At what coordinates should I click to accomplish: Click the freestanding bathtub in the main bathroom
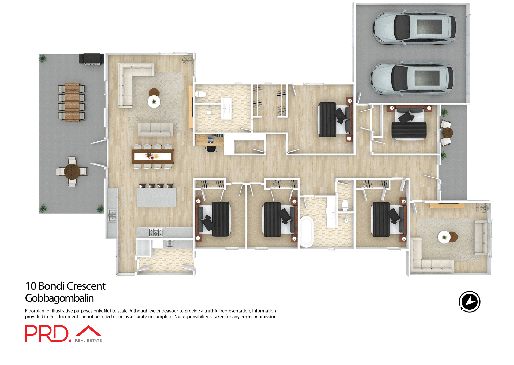(306, 231)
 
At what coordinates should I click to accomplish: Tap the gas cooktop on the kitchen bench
(156, 232)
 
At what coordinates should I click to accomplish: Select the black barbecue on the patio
(91, 59)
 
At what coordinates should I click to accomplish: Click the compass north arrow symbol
(470, 302)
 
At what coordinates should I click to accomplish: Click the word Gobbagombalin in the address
(59, 298)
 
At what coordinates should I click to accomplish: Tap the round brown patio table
(72, 172)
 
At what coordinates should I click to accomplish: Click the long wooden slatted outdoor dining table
(72, 102)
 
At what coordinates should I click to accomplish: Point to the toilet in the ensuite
(201, 94)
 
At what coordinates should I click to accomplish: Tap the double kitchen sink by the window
(112, 215)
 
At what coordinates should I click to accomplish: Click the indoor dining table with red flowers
(153, 156)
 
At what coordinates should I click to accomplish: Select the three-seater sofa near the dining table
(156, 130)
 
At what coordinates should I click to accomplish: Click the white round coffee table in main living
(154, 102)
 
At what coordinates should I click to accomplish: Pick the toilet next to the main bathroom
(345, 205)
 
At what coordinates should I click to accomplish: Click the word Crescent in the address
(86, 286)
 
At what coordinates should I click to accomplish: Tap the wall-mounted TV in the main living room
(192, 107)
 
